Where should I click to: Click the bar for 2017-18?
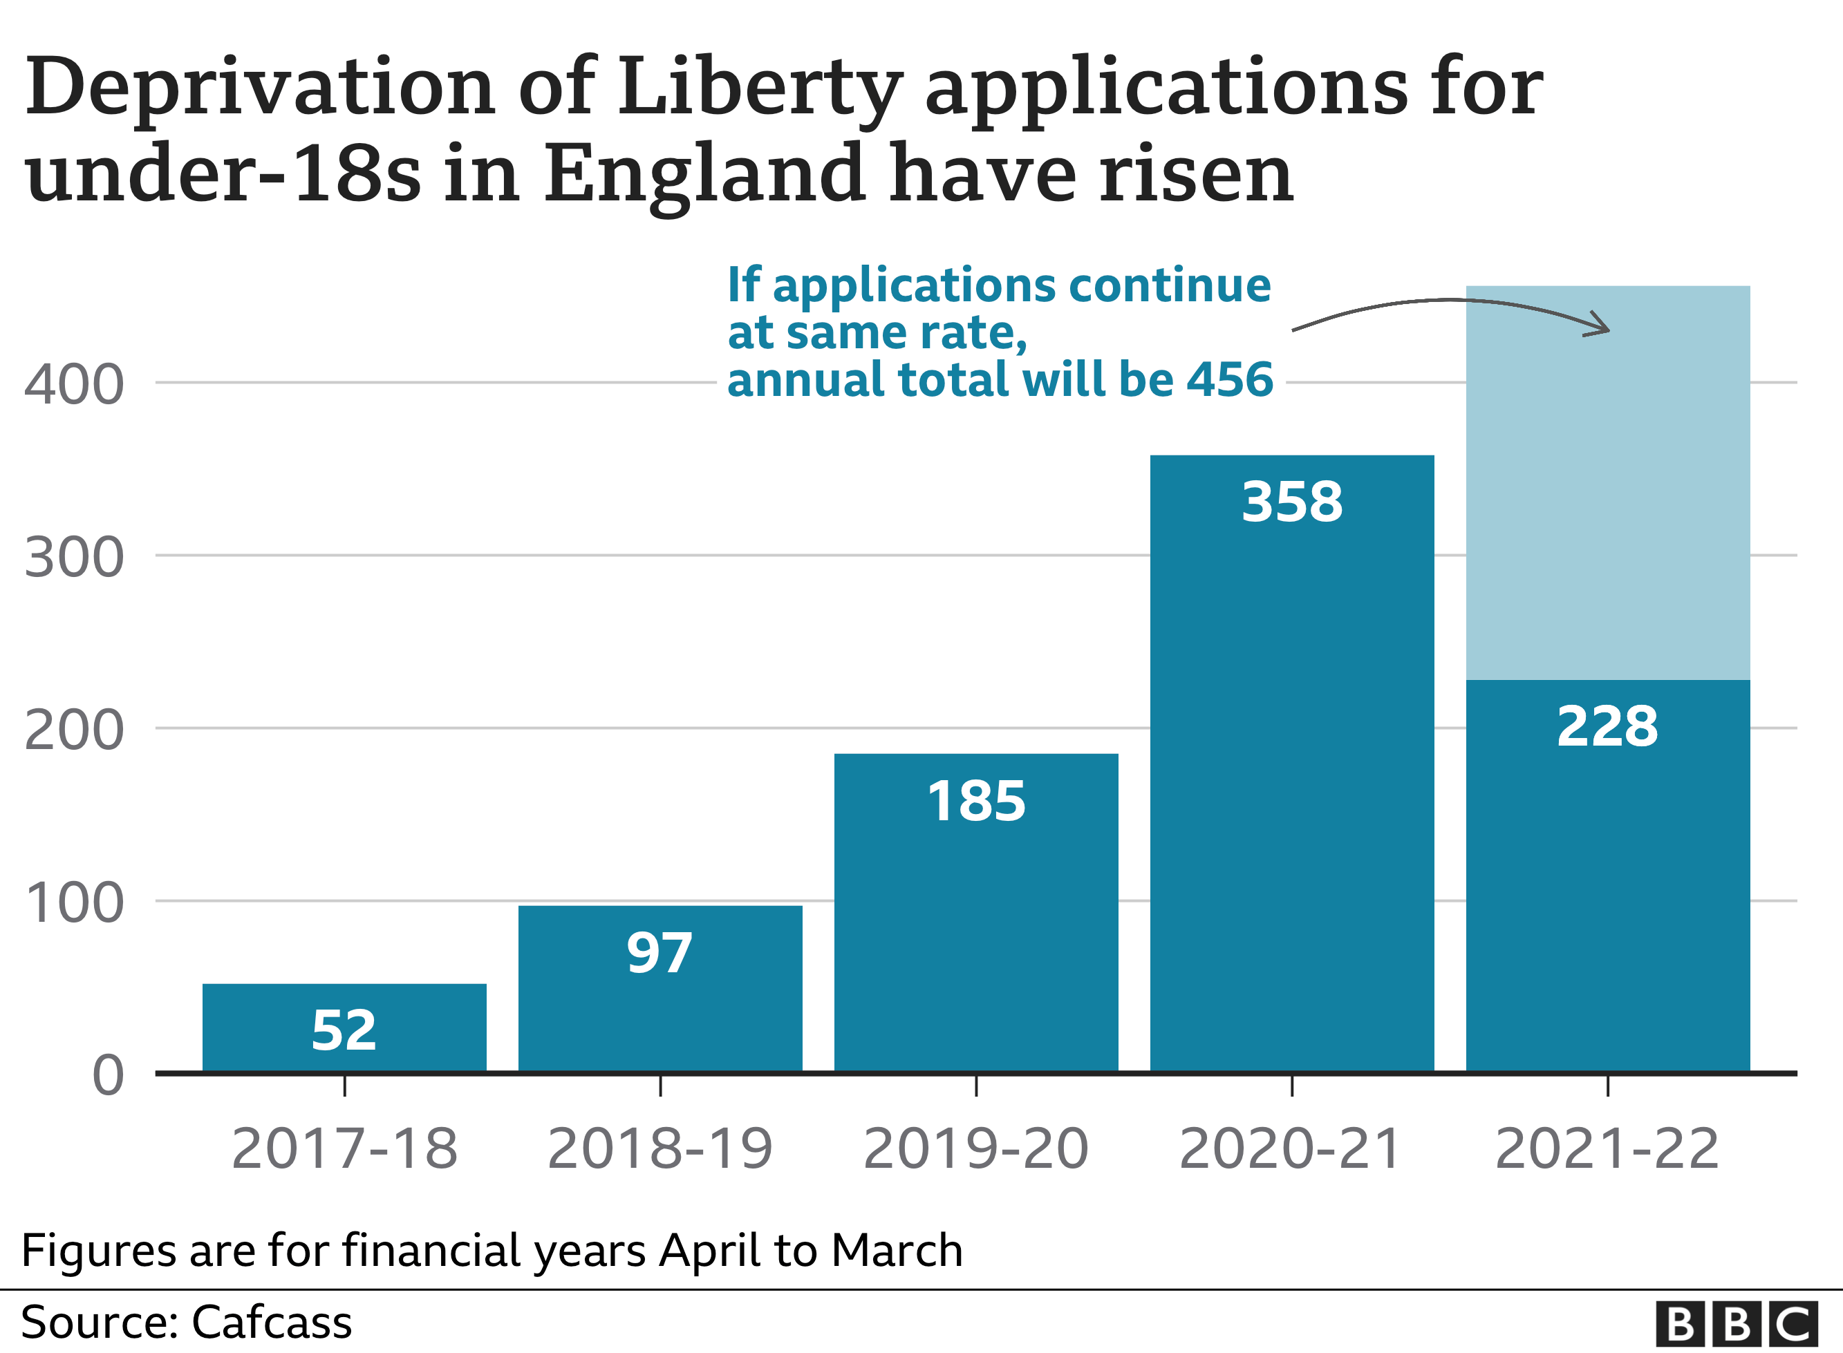point(344,1027)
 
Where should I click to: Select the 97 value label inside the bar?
point(659,954)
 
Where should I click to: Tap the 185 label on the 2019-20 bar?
point(975,801)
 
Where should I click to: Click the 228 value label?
point(1607,726)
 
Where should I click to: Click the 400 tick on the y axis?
point(74,385)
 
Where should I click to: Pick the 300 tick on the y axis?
point(74,558)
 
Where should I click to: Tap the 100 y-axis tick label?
point(74,902)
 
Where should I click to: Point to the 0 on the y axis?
point(107,1075)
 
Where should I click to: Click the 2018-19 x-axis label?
point(659,1148)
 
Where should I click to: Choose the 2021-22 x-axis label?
point(1607,1148)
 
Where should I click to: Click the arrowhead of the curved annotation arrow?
point(1601,328)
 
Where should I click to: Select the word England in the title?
point(704,173)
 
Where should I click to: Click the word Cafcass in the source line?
point(271,1321)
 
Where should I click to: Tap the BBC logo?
point(1736,1323)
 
